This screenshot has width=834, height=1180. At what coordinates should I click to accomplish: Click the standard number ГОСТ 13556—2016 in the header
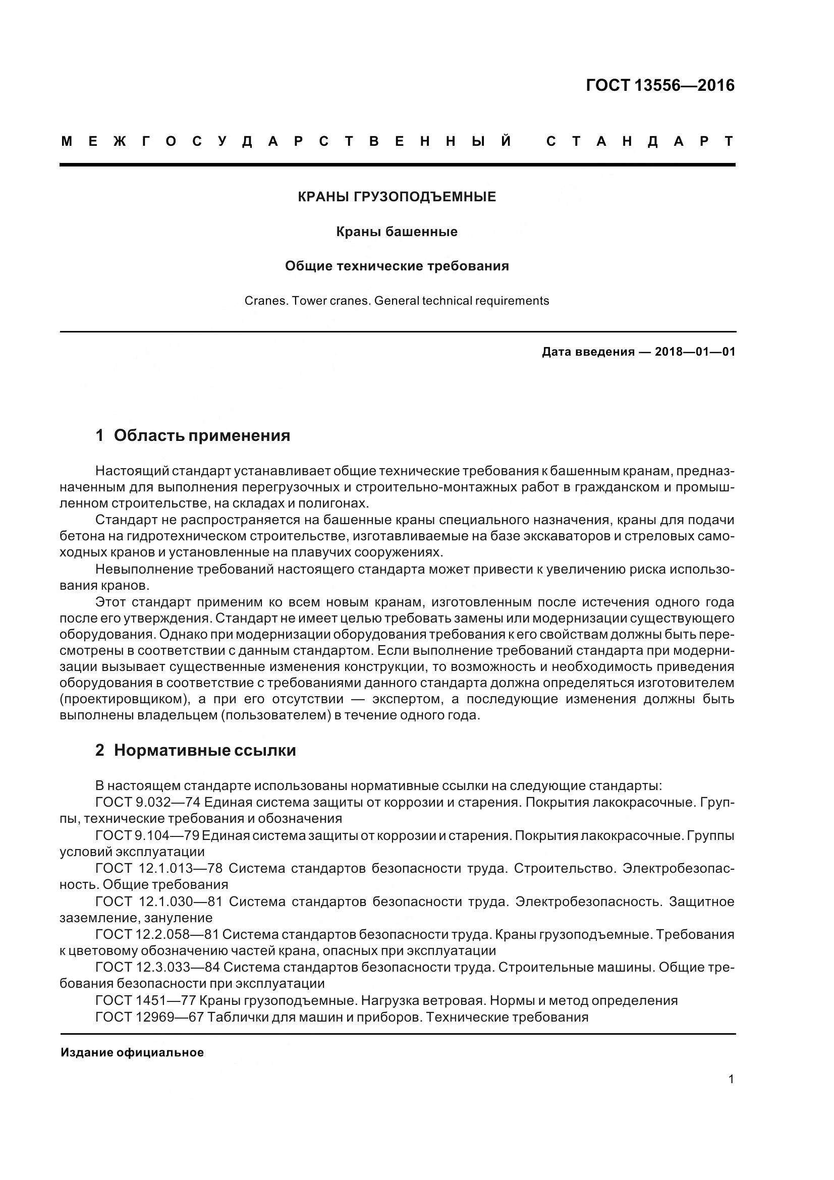660,85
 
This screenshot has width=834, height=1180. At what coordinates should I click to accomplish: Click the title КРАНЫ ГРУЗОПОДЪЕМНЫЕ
397,197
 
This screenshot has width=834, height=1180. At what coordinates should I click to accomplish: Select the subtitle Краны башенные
397,232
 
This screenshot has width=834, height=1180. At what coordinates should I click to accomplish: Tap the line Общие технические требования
397,266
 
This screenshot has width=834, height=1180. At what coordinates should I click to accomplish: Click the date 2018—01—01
695,352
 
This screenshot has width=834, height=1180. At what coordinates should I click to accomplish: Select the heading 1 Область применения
193,436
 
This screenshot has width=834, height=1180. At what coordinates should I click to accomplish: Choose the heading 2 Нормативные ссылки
196,751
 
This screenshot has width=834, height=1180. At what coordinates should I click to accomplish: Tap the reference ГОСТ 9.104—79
147,835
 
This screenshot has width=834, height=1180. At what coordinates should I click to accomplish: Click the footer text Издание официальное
132,1052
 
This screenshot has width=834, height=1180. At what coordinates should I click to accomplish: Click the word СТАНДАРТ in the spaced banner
640,142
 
